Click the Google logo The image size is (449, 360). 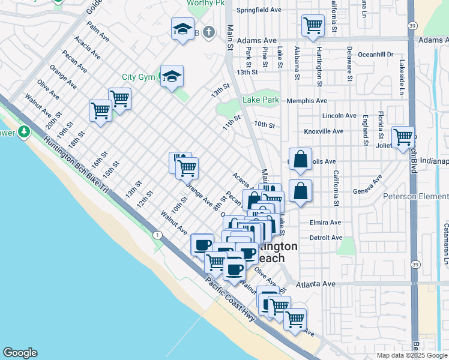[20, 353]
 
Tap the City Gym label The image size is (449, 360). [137, 77]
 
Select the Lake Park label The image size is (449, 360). [261, 100]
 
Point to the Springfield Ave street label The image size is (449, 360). [259, 10]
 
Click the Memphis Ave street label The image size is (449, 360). [306, 101]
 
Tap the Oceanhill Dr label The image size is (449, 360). [375, 54]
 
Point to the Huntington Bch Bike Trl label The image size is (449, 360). [75, 166]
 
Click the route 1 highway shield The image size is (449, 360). [157, 234]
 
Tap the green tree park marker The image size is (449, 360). [24, 131]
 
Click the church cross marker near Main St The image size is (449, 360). [208, 32]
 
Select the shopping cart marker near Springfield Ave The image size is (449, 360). [313, 26]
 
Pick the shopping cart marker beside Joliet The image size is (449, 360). [402, 137]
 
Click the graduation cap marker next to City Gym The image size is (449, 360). [172, 76]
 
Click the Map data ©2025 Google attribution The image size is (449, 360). [411, 355]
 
